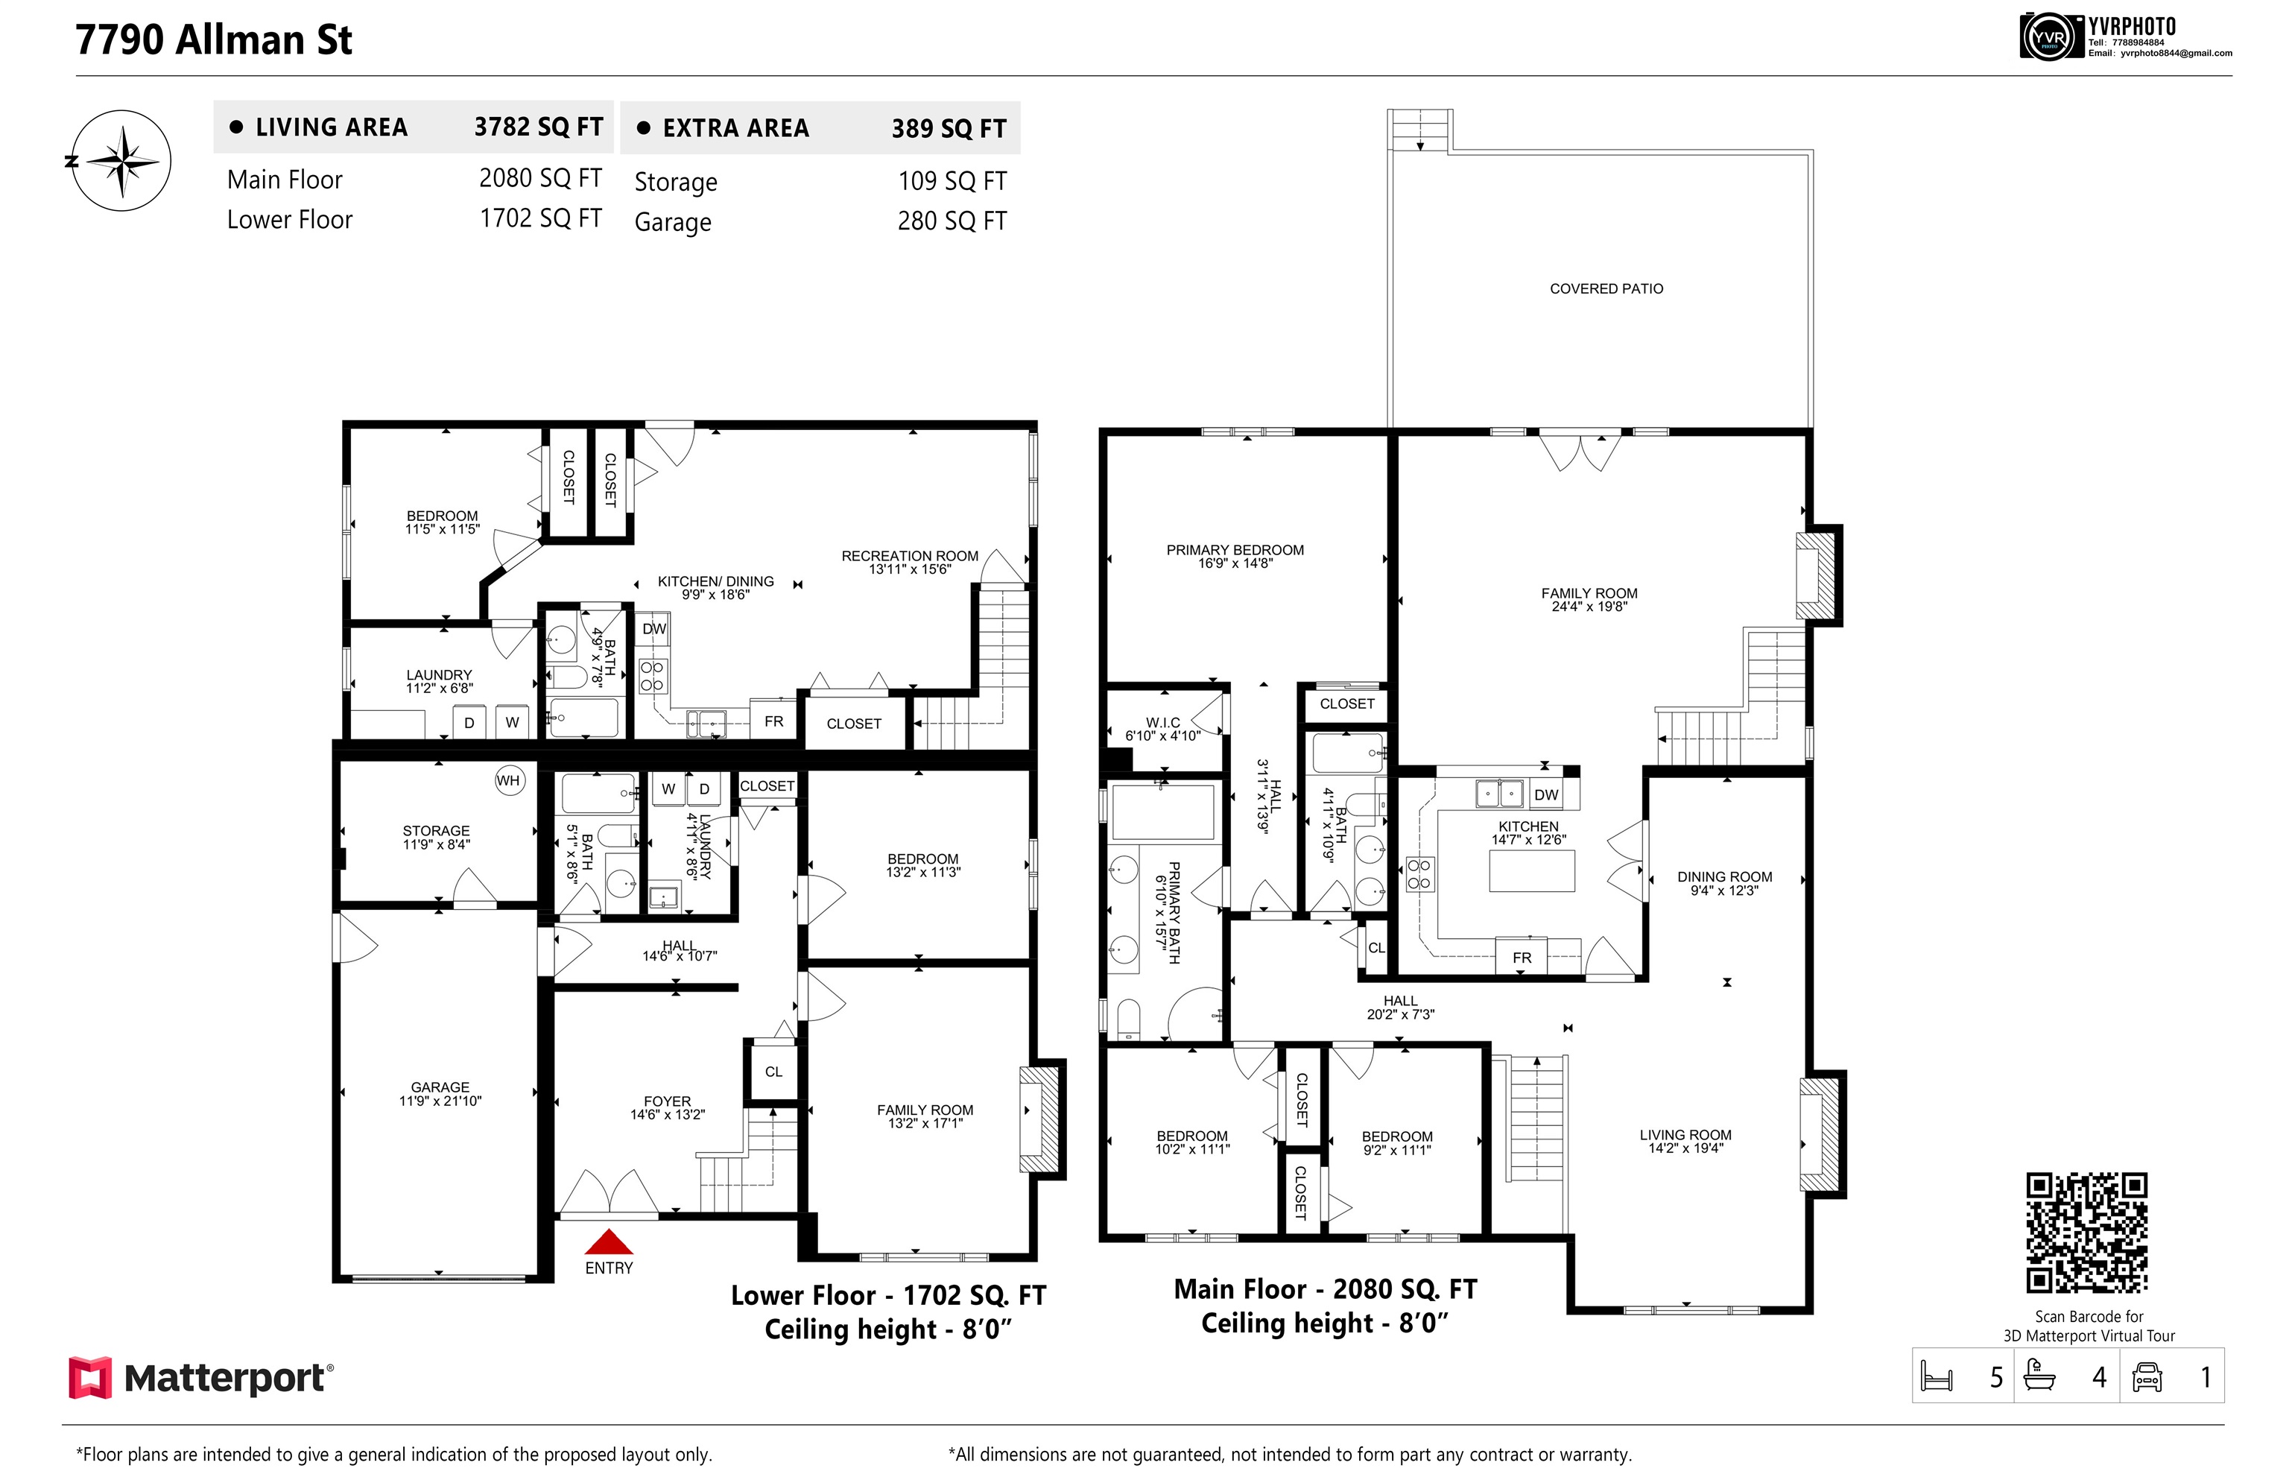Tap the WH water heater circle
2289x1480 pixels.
tap(508, 780)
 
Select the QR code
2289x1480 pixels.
tap(2086, 1233)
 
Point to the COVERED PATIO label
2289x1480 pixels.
tap(1606, 288)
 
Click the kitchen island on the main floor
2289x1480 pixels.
tap(1532, 870)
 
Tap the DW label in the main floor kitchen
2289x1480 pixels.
tap(1546, 795)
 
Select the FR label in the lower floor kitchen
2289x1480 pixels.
tap(773, 721)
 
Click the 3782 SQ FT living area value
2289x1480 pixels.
tap(538, 127)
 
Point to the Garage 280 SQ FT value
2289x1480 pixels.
tap(952, 221)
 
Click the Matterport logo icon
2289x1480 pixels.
tap(90, 1377)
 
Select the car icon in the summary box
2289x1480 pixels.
tap(2147, 1377)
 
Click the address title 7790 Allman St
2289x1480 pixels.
tap(213, 39)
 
